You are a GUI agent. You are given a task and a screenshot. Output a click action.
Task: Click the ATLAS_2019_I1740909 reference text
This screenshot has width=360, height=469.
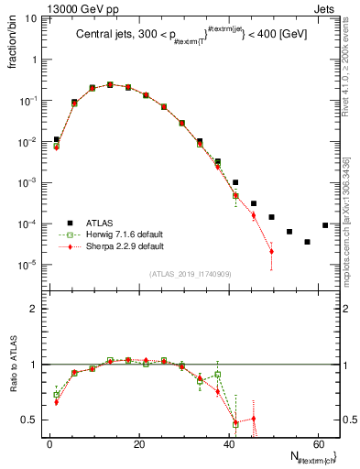pyautogui.click(x=191, y=274)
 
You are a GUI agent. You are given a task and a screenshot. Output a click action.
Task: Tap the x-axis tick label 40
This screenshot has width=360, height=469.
pyautogui.click(x=228, y=443)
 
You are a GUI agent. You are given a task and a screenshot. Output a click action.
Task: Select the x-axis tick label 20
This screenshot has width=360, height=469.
pyautogui.click(x=138, y=443)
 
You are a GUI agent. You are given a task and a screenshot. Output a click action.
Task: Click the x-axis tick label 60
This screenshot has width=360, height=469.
pyautogui.click(x=317, y=443)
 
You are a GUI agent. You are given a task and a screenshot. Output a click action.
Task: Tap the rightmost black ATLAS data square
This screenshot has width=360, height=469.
pyautogui.click(x=325, y=225)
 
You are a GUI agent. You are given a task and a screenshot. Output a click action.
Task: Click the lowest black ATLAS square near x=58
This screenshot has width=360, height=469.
pyautogui.click(x=307, y=242)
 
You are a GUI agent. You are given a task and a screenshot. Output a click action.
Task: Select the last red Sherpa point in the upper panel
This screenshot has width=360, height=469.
pyautogui.click(x=271, y=251)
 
